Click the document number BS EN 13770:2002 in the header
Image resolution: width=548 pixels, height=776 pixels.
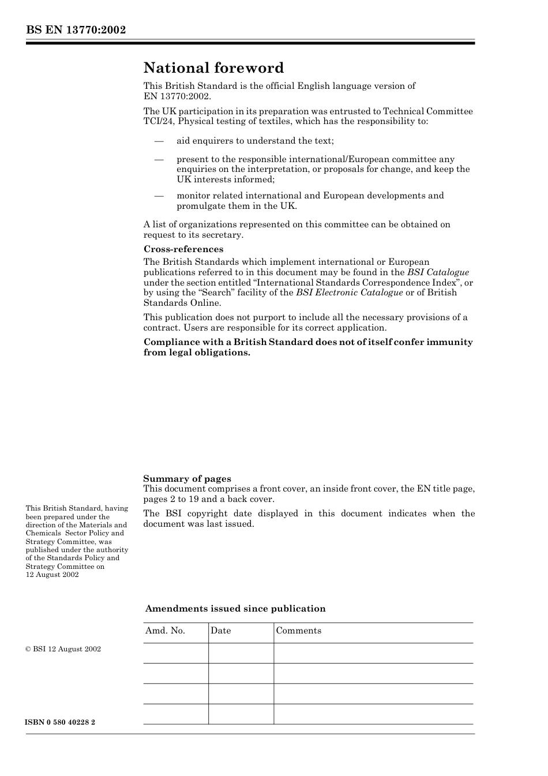point(76,30)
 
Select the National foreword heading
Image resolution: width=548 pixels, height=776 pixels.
point(213,68)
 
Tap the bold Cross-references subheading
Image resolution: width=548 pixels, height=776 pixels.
point(183,249)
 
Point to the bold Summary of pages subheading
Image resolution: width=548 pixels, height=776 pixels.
point(187,479)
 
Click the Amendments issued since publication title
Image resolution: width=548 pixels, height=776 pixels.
point(235,609)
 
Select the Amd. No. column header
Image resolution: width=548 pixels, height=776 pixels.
point(165,631)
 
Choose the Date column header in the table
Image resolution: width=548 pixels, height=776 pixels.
point(220,631)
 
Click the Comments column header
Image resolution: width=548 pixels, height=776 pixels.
point(298,631)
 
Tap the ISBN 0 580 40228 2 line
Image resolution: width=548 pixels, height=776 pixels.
point(61,722)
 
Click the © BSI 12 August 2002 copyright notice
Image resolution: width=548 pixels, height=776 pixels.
point(63,649)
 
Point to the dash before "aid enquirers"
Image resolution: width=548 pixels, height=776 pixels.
point(159,141)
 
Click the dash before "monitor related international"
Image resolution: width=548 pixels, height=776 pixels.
point(159,196)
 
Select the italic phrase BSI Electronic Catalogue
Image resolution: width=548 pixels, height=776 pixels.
point(349,293)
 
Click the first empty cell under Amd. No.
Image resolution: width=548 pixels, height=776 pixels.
point(175,653)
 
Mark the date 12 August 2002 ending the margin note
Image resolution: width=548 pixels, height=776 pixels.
point(52,575)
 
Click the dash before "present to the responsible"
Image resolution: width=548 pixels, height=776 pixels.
point(159,160)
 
